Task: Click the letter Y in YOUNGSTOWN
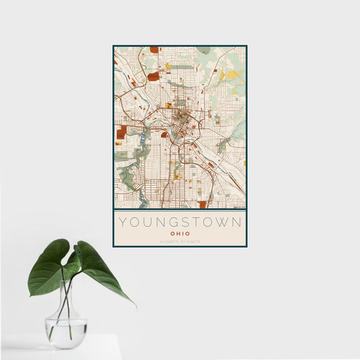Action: point(122,222)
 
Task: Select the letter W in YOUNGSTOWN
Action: point(223,222)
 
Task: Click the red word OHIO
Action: point(180,233)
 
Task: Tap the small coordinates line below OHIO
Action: point(180,242)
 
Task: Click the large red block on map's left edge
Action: point(122,131)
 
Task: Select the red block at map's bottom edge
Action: point(202,205)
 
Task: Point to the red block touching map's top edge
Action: point(154,50)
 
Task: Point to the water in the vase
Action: point(65,334)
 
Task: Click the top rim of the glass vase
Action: point(65,282)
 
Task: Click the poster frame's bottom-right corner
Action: point(247,247)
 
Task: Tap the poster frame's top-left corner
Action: point(113,46)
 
